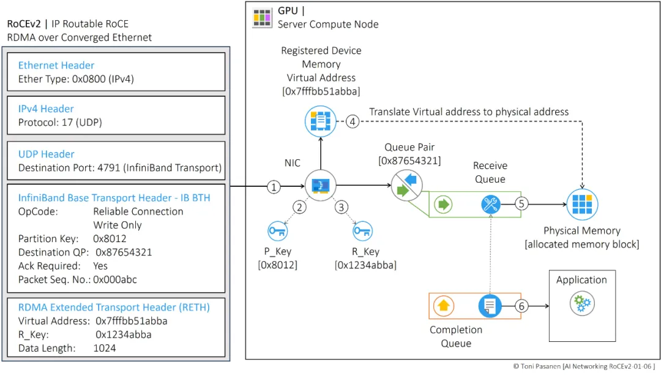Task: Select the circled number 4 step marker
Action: coord(352,121)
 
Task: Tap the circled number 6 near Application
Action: coord(521,305)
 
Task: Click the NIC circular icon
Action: coord(321,186)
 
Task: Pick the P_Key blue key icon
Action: coord(277,232)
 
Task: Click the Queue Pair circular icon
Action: coord(406,186)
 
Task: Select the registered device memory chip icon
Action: coord(321,121)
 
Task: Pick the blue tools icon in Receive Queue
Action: coord(491,205)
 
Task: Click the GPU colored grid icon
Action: coord(262,18)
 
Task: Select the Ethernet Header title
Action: coord(56,66)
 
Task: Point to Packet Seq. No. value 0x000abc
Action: coord(115,279)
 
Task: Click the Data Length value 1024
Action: coord(104,348)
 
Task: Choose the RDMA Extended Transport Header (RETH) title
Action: coord(114,308)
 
